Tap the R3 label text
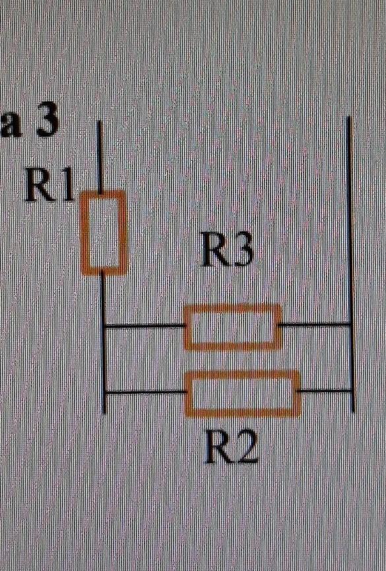(228, 250)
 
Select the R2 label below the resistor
(232, 447)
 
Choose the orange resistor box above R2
(243, 373)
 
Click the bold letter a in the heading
(11, 128)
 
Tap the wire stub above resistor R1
(100, 157)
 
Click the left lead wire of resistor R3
(145, 326)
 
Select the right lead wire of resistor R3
(315, 324)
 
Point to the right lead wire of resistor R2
(326, 391)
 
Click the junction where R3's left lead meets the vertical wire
(104, 326)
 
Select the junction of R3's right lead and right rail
(350, 324)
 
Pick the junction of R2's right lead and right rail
(352, 391)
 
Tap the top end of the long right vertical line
(349, 117)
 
